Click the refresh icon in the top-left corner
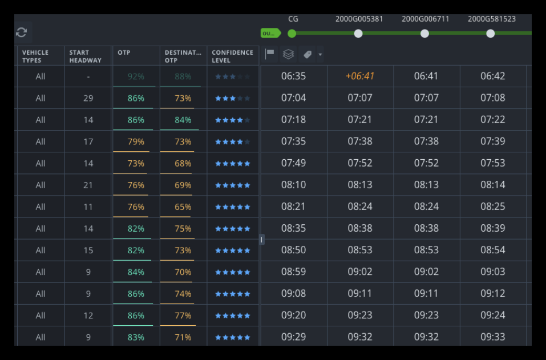point(22,33)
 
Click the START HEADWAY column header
point(86,56)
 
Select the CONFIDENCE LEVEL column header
point(232,56)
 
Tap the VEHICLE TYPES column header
point(35,56)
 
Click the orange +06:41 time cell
point(360,76)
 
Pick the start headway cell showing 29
point(88,98)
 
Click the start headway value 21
point(88,185)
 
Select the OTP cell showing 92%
point(136,76)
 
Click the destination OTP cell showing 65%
point(183,207)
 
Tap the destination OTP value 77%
point(183,315)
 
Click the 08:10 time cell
point(293,185)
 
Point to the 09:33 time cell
point(492,337)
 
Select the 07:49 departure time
point(293,163)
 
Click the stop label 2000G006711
point(425,19)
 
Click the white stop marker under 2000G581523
point(491,34)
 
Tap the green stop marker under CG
point(292,34)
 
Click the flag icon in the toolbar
point(270,54)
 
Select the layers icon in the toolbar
point(288,54)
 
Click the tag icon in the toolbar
point(307,54)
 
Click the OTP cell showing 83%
point(136,337)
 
